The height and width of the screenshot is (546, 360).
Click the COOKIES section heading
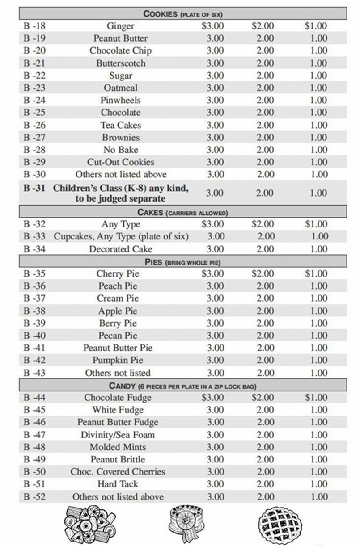click(183, 13)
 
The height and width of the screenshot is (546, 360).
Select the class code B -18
click(34, 26)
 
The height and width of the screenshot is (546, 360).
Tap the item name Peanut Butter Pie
click(118, 348)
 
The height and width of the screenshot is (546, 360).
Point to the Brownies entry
click(120, 137)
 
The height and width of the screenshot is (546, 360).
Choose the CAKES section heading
click(183, 213)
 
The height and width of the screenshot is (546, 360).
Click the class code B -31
click(34, 189)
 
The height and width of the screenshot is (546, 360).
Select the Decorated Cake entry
click(120, 249)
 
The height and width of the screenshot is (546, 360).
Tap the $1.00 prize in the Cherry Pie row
click(316, 273)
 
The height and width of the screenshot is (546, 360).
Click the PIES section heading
click(183, 262)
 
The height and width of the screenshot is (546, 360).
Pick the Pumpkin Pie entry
click(118, 360)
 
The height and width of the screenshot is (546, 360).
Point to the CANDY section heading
click(183, 386)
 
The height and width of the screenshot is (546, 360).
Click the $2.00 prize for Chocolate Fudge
click(263, 397)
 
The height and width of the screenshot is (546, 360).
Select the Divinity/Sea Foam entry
click(118, 434)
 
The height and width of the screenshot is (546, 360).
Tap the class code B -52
click(34, 496)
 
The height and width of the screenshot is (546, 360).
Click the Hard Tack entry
click(118, 484)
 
